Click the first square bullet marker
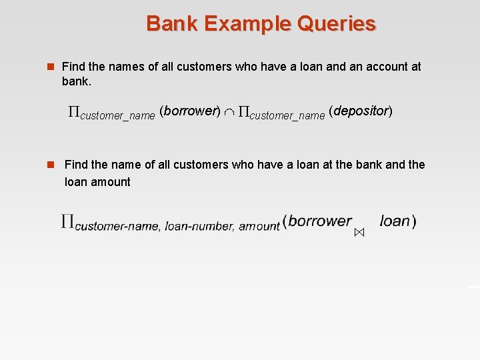pos(48,67)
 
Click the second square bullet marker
pos(48,165)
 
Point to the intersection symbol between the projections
pos(229,112)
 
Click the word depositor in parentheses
pos(361,111)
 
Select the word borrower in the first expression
pos(191,111)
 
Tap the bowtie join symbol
pos(359,233)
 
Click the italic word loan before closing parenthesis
pos(395,221)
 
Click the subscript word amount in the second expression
pos(259,227)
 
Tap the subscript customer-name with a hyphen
pos(117,227)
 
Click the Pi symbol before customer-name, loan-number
pos(67,221)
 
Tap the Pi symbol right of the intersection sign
pos(243,112)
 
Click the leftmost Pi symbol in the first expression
pos(74,112)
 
